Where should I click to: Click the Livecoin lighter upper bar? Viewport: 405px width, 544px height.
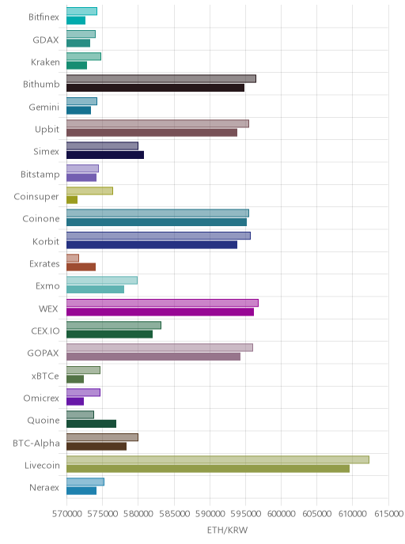tap(218, 459)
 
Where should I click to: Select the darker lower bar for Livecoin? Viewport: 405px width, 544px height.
tap(208, 469)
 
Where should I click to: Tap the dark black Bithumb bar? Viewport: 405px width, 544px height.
tap(156, 88)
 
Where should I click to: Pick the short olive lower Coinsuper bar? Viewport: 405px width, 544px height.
tap(72, 200)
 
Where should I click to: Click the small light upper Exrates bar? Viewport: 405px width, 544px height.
tap(73, 258)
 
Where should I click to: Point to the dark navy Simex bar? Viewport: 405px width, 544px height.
tap(105, 155)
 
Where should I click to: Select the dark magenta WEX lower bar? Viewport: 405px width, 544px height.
tap(160, 312)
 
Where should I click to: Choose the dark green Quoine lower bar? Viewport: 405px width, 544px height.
tap(91, 424)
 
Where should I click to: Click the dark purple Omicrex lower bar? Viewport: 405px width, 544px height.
tap(75, 402)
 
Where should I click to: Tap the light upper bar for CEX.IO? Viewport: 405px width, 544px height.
tap(114, 326)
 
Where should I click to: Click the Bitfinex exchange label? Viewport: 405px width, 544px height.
tap(44, 17)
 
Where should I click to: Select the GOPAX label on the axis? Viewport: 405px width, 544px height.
tap(43, 353)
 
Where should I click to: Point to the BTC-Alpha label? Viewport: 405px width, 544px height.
tap(36, 443)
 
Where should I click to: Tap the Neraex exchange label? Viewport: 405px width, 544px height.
tap(44, 487)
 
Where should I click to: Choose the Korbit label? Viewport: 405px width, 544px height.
tap(46, 241)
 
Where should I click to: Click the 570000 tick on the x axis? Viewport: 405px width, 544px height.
tap(67, 513)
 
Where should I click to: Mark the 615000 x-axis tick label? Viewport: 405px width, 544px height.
tap(388, 513)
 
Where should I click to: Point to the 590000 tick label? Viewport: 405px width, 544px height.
tap(210, 513)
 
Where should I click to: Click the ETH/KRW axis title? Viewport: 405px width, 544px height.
tap(227, 530)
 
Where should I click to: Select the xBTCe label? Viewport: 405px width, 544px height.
tap(45, 376)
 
